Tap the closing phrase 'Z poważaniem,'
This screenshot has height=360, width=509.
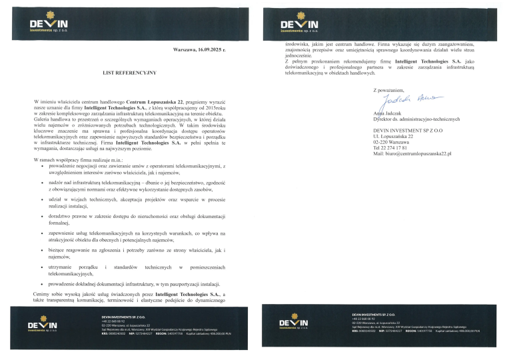(388, 89)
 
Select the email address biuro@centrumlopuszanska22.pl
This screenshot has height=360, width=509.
(412, 154)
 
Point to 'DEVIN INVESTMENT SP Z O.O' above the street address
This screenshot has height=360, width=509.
(408, 129)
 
